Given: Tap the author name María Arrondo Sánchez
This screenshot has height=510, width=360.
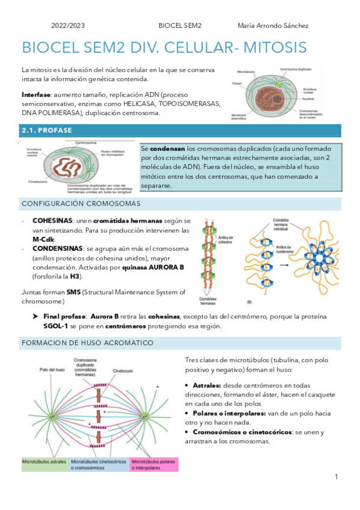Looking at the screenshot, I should point(273,26).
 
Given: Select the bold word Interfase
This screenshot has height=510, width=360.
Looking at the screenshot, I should point(35,95).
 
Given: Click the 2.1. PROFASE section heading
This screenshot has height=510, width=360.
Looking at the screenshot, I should point(47,130).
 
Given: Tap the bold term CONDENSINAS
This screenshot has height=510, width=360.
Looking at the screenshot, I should point(57,248).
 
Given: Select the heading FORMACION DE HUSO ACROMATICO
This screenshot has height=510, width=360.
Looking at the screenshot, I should point(87,343).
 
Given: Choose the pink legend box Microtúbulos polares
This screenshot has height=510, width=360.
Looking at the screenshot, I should point(154,464).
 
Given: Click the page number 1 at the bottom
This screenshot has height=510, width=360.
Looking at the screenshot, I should point(337,477).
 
